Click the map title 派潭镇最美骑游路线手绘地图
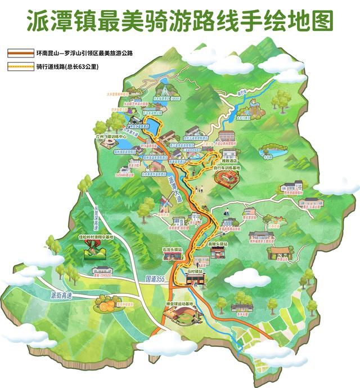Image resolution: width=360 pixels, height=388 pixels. coord(180,20)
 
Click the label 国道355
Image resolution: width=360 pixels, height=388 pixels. coord(155,278)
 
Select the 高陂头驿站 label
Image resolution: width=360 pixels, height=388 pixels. coord(217,244)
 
